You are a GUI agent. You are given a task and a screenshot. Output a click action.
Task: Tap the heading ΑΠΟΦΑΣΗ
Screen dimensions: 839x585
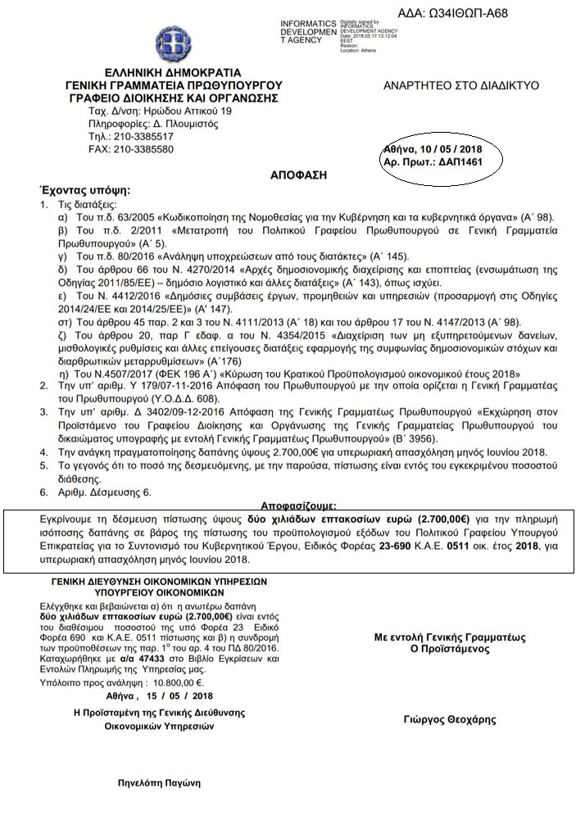(293, 175)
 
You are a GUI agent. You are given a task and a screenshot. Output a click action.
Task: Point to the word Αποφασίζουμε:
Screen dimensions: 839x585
(298, 506)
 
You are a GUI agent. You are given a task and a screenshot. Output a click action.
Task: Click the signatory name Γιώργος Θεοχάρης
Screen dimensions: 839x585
(450, 719)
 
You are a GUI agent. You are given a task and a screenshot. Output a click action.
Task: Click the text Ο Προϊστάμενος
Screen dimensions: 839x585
(449, 651)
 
